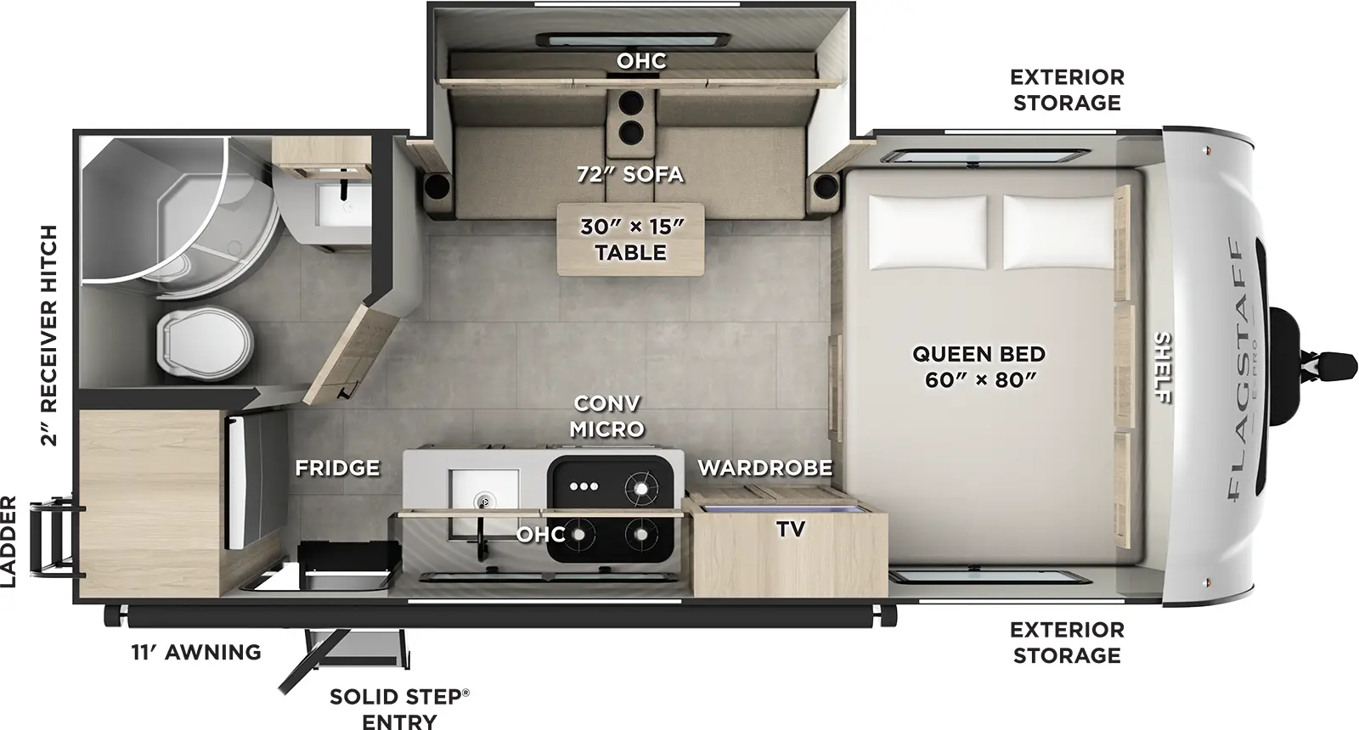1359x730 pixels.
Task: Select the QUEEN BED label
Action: coord(978,366)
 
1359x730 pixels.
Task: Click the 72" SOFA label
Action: coord(629,175)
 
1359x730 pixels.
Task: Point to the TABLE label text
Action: coord(630,252)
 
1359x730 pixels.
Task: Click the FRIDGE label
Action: coord(337,468)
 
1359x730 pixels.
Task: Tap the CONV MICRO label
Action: coord(606,416)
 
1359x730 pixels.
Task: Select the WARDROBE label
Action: coord(764,468)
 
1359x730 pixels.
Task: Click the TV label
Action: coord(790,529)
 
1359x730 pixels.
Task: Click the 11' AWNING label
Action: coord(195,652)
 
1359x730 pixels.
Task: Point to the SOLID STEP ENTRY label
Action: coord(398,709)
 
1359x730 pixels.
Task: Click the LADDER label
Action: coord(9,541)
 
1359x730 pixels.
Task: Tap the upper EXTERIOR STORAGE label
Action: coord(1066,89)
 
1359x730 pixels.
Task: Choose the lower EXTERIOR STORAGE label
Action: coord(1066,643)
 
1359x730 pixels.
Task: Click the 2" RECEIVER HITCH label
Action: coord(48,335)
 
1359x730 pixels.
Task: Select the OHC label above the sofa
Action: coord(641,61)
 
